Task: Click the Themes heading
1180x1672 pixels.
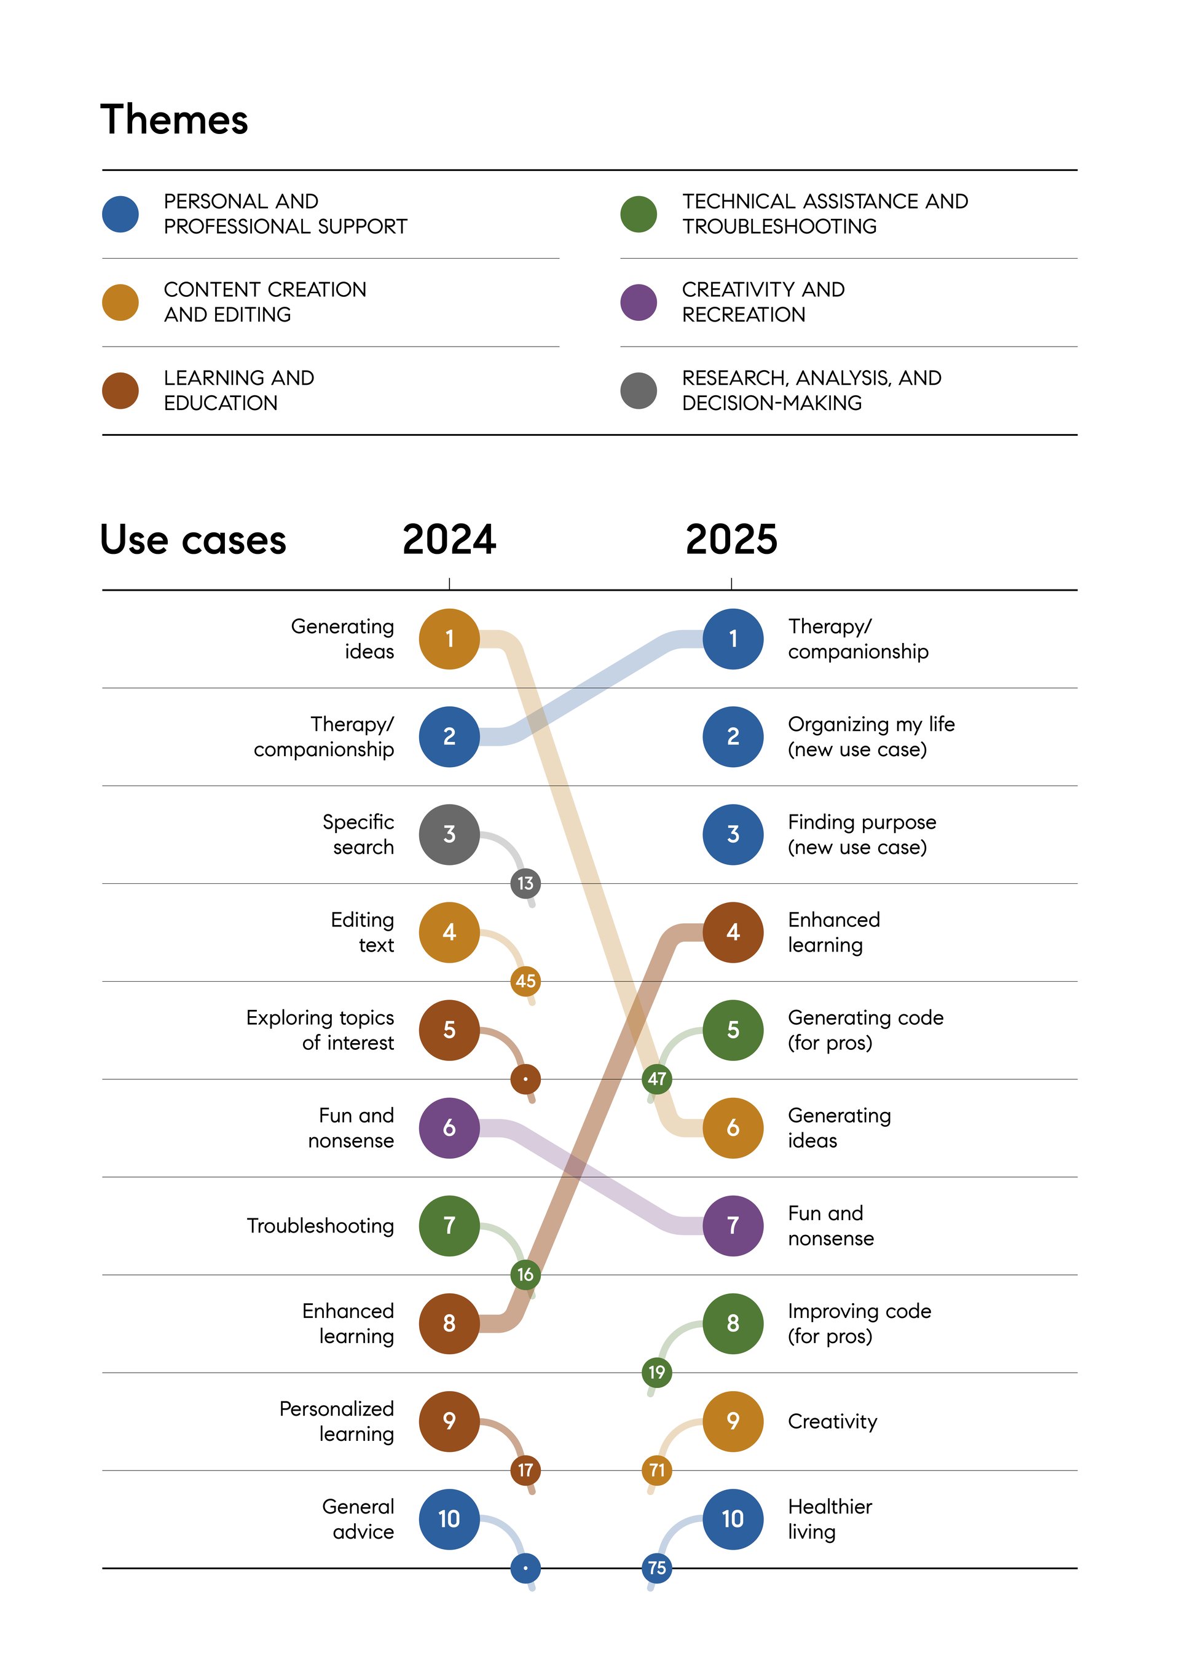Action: click(x=174, y=119)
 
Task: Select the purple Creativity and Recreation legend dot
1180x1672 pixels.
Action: click(x=639, y=302)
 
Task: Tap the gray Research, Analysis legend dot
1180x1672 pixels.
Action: click(x=639, y=391)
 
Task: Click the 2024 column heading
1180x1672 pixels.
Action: click(x=449, y=540)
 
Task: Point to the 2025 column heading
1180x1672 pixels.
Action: click(x=731, y=540)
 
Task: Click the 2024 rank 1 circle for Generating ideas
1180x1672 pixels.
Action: click(x=449, y=639)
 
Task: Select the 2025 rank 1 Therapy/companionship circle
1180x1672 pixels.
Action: click(x=733, y=639)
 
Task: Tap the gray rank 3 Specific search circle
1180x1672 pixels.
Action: click(x=449, y=835)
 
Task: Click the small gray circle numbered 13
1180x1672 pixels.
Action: click(x=525, y=883)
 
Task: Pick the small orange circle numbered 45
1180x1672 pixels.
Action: click(x=525, y=981)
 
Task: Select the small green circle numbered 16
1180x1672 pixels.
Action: click(x=525, y=1274)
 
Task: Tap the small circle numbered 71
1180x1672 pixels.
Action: click(x=656, y=1470)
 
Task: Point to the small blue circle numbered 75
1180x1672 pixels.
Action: click(x=656, y=1568)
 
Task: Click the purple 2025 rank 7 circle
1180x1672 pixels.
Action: click(x=733, y=1226)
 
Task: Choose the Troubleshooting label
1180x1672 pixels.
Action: click(x=320, y=1226)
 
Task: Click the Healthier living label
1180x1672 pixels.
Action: click(x=830, y=1519)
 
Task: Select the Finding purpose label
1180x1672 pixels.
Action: click(x=862, y=835)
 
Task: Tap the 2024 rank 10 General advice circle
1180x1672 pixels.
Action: click(x=449, y=1519)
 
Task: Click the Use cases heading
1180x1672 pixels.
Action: click(x=193, y=540)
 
